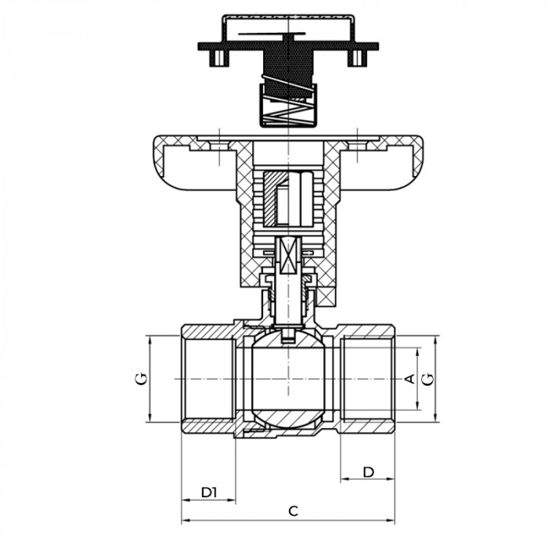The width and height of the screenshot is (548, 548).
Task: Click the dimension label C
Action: pyautogui.click(x=293, y=511)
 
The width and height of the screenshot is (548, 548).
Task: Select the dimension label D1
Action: pyautogui.click(x=207, y=492)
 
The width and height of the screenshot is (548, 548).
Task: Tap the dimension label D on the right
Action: pyautogui.click(x=368, y=471)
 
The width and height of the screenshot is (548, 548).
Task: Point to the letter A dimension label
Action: pyautogui.click(x=408, y=379)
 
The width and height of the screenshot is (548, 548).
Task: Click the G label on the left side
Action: pyautogui.click(x=140, y=379)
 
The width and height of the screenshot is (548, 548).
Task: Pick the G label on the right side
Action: pyautogui.click(x=427, y=379)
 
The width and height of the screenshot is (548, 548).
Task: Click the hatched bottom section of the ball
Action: pyautogui.click(x=289, y=417)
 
